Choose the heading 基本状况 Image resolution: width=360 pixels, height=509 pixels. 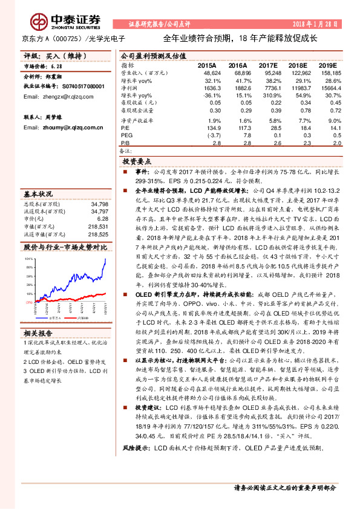[x=38, y=194]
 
